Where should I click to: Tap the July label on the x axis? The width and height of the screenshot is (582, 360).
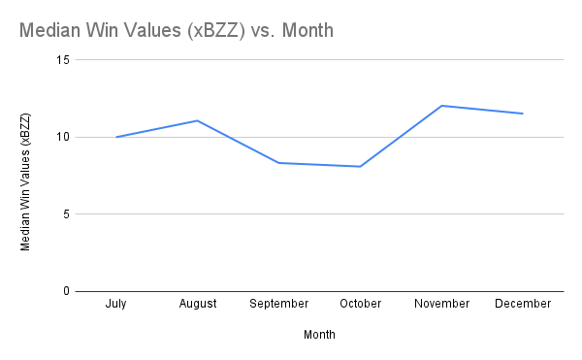click(x=116, y=304)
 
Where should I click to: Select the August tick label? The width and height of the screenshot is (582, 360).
click(x=198, y=304)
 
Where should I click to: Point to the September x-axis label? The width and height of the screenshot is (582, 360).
click(x=279, y=304)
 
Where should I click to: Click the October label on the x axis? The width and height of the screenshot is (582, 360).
click(x=360, y=304)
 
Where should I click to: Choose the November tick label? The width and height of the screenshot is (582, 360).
click(x=441, y=304)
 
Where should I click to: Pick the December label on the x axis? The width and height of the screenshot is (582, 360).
click(x=523, y=304)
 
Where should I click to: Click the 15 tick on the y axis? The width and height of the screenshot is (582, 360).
click(x=64, y=59)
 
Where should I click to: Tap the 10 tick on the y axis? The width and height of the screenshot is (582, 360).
click(x=64, y=137)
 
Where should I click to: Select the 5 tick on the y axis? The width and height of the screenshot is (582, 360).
click(x=67, y=214)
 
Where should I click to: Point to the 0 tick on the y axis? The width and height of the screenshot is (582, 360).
click(x=67, y=291)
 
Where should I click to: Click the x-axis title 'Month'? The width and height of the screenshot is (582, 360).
click(x=319, y=335)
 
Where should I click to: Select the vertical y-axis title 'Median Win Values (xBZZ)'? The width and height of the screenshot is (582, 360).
click(x=26, y=181)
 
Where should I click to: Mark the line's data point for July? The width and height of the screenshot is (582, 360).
click(x=116, y=137)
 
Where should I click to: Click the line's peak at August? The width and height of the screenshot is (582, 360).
click(x=198, y=120)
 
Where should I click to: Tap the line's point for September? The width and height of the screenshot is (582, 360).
click(x=279, y=162)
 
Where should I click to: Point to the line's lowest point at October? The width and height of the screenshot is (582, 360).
click(x=360, y=166)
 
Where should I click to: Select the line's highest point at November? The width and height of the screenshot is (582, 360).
click(x=441, y=106)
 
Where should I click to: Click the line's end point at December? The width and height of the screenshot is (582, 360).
click(x=523, y=114)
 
